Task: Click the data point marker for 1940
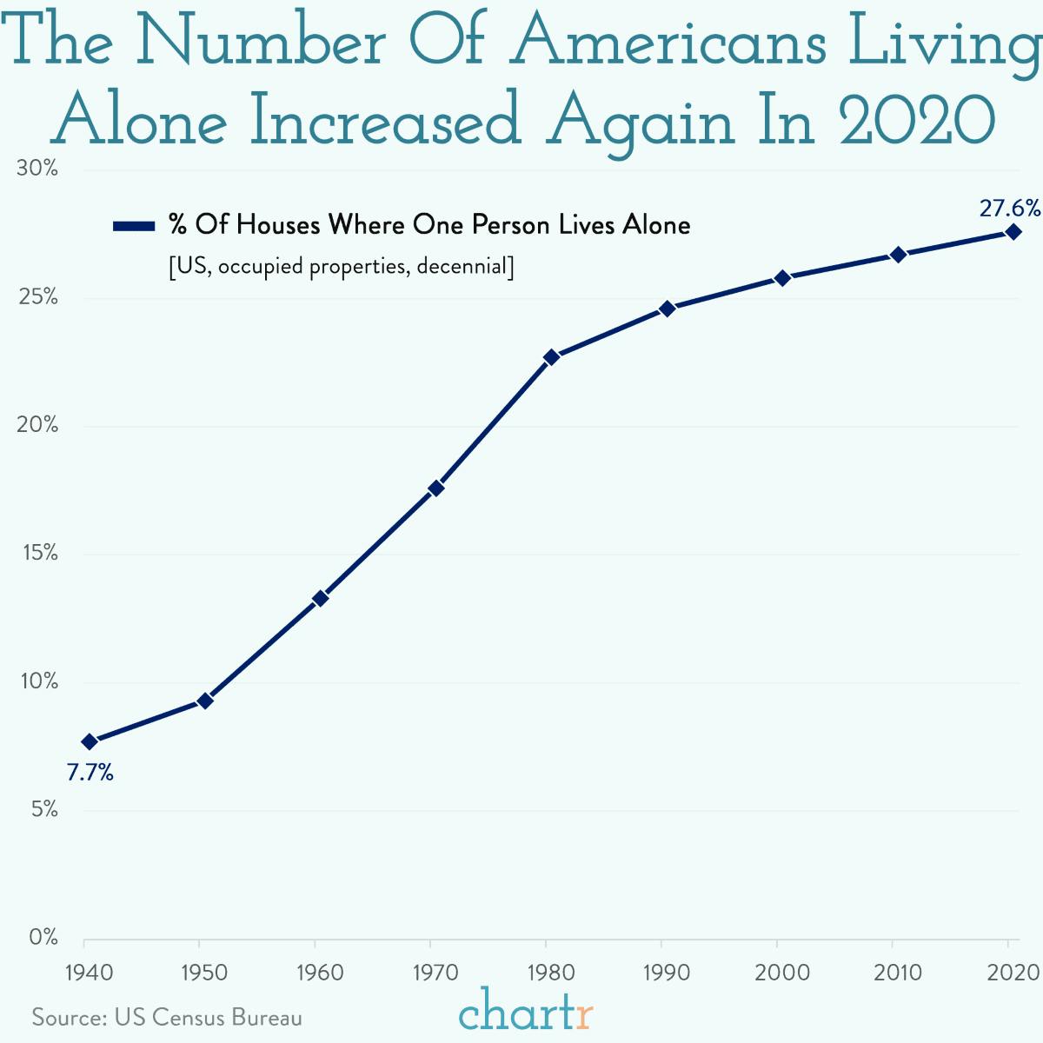coord(89,741)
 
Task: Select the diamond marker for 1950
coord(205,701)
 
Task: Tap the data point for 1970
coord(436,488)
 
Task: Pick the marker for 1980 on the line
coord(551,357)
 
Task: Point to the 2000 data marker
coord(782,278)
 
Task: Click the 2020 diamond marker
coord(1013,232)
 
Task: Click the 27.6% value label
coord(1009,209)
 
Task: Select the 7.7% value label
coord(90,772)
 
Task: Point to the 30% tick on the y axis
coord(37,169)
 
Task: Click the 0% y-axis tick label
coord(43,938)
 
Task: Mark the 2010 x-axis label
coord(898,972)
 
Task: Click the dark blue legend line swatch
coord(134,226)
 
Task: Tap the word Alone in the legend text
coord(656,225)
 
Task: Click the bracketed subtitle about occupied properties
coord(342,266)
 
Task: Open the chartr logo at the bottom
coord(526,1012)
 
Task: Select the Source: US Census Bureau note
coord(167,1017)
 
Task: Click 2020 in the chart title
coord(917,123)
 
